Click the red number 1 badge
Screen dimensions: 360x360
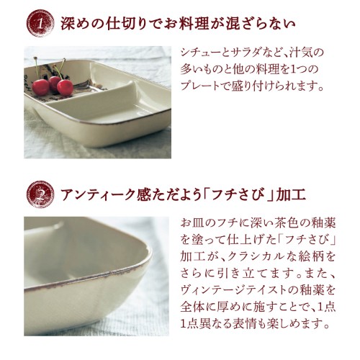pyautogui.click(x=40, y=23)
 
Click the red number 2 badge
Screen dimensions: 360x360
pyautogui.click(x=40, y=194)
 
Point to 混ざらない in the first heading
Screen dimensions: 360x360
pyautogui.click(x=260, y=24)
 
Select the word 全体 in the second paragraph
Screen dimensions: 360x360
pyautogui.click(x=192, y=307)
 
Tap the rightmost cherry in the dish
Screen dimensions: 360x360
pyautogui.click(x=65, y=88)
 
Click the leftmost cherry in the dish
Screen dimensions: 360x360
pyautogui.click(x=40, y=87)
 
